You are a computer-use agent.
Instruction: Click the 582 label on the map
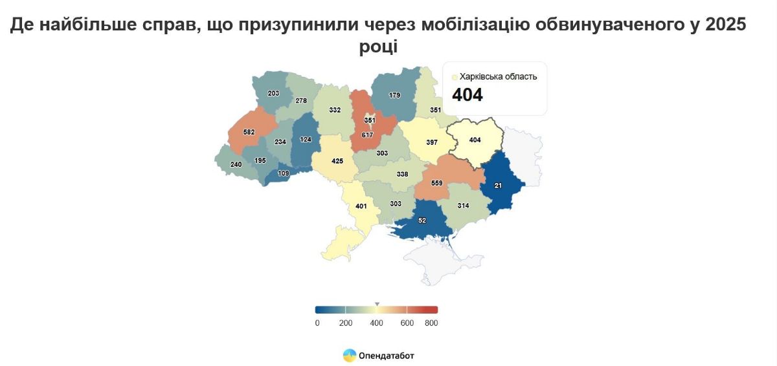tap(249, 132)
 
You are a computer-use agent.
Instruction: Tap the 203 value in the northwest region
tap(273, 94)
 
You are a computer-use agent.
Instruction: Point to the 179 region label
tap(394, 96)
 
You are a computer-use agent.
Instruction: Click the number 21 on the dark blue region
tap(498, 186)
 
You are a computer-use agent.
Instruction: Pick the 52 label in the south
tap(422, 221)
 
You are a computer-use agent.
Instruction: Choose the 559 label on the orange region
tap(436, 183)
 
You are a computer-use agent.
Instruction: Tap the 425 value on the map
tap(337, 161)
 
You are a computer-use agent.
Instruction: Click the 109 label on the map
tap(283, 173)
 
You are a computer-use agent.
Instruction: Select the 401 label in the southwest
tap(361, 207)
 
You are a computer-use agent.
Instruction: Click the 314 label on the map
tap(463, 205)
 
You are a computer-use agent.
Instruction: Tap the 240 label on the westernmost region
tap(236, 165)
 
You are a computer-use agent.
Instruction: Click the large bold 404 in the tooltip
tap(467, 95)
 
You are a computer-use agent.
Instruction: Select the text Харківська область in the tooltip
tap(498, 77)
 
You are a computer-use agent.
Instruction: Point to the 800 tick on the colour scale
tap(431, 323)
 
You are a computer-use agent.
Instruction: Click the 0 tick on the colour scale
tap(317, 323)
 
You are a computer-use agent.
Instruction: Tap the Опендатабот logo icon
tap(349, 355)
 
